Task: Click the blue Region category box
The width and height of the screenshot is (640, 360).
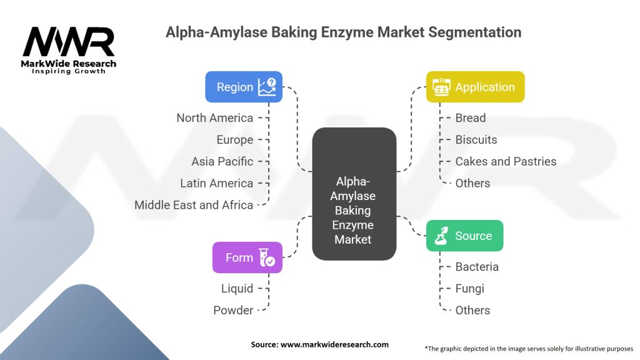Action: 244,87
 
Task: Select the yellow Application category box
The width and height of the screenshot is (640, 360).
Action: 475,87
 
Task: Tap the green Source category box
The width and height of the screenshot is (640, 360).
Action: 464,236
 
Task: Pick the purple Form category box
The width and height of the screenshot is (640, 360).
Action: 247,257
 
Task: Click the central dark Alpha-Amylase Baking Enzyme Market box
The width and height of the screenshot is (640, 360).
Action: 354,194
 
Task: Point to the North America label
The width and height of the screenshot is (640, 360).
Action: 214,117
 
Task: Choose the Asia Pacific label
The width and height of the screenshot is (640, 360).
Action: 222,161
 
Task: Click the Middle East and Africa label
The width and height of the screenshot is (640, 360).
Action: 194,205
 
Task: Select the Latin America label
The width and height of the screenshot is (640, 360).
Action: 216,183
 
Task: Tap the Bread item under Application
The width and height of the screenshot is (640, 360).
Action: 470,117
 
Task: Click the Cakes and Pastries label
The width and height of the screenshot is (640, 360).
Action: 505,161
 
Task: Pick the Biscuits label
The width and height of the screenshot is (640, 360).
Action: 476,139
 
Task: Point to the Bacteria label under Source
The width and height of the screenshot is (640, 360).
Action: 476,266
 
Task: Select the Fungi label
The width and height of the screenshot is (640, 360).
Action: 469,288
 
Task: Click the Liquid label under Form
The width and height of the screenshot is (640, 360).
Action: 237,288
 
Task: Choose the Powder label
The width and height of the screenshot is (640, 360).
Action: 233,310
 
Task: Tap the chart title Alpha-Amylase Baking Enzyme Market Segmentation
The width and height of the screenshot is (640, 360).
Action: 343,32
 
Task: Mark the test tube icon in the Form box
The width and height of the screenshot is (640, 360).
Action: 267,257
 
